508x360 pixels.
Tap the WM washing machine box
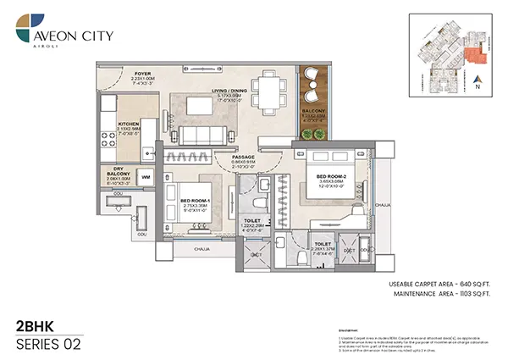tap(146, 176)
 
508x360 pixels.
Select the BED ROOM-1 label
tap(195, 200)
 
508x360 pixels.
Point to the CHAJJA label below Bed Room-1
tap(202, 250)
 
